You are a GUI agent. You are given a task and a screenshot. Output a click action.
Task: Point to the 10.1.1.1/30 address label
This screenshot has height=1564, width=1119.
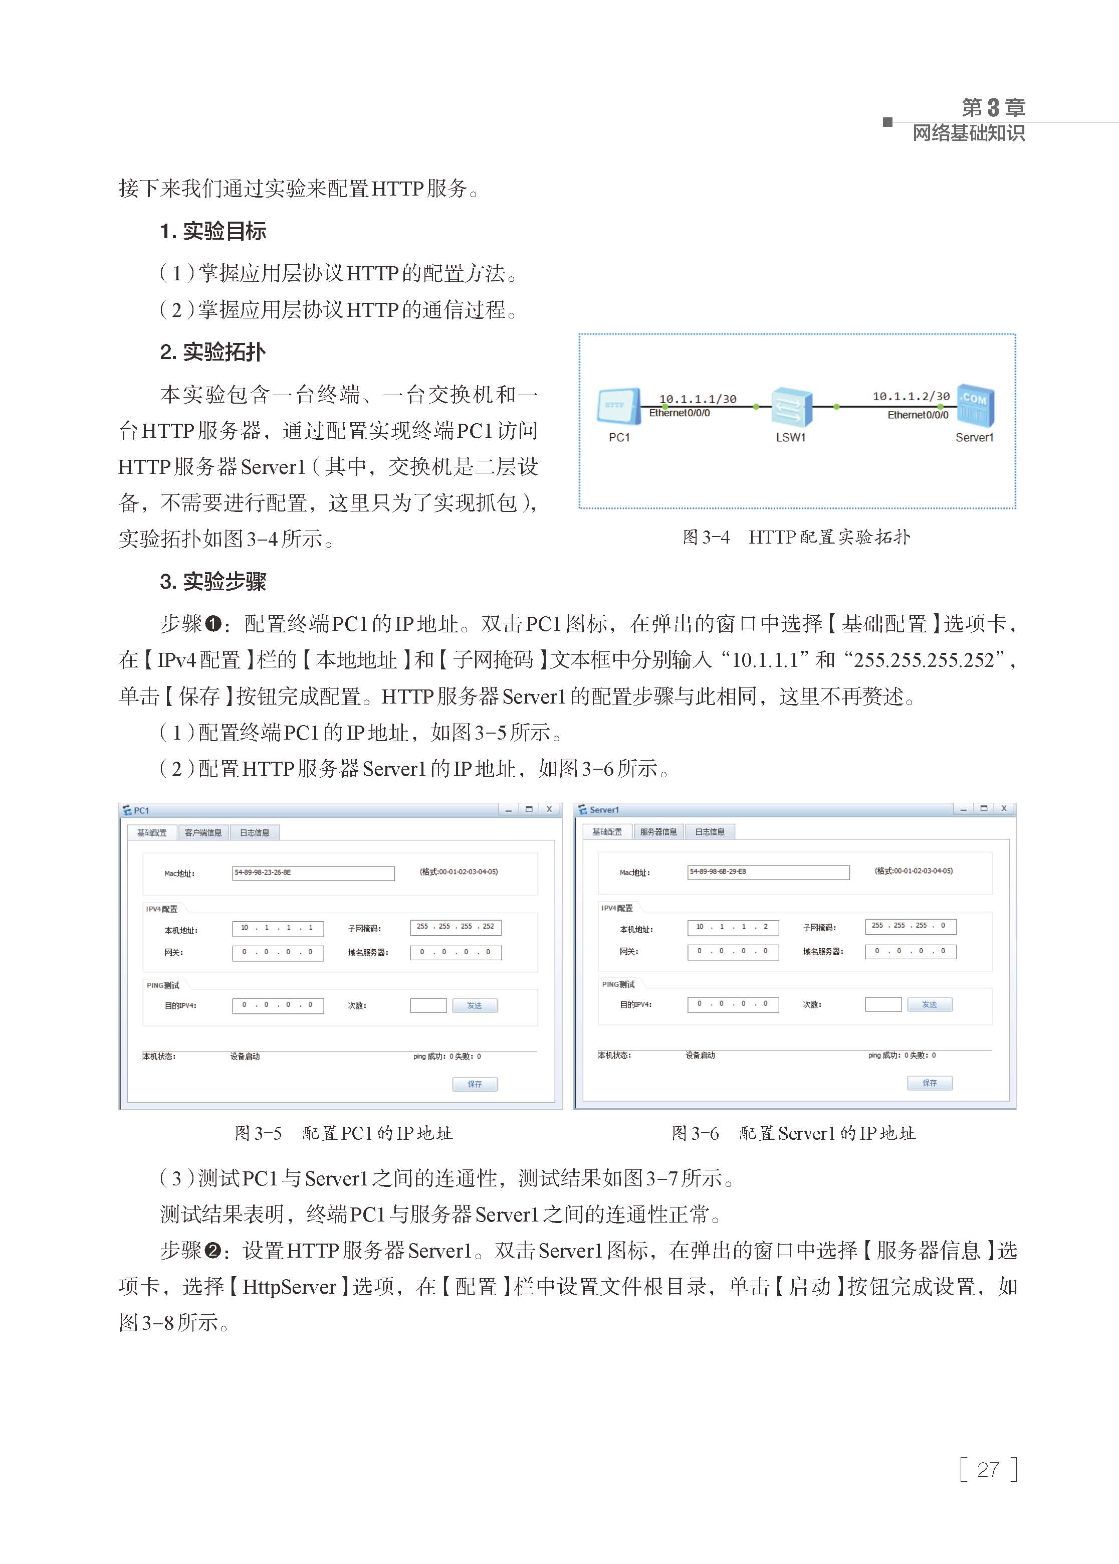click(x=698, y=399)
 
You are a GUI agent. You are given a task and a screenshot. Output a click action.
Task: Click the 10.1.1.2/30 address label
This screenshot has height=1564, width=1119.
click(x=911, y=396)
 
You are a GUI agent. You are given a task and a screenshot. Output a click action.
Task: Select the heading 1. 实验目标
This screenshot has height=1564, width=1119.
click(x=213, y=232)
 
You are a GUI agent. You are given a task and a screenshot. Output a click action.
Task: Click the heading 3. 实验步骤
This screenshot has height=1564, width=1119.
click(x=213, y=582)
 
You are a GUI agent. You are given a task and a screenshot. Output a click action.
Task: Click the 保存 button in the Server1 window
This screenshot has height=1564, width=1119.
click(x=930, y=1083)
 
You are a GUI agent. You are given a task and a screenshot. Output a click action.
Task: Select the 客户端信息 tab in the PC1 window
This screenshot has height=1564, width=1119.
click(x=203, y=833)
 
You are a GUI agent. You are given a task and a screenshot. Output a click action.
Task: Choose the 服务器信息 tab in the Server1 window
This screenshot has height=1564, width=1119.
click(x=658, y=832)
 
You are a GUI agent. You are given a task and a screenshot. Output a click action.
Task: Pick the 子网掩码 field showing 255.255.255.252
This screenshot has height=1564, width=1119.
click(x=456, y=927)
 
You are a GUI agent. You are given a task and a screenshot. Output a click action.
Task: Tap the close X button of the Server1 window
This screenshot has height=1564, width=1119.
click(x=1004, y=808)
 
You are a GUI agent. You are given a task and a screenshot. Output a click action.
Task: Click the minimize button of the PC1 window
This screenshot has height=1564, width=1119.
click(x=509, y=810)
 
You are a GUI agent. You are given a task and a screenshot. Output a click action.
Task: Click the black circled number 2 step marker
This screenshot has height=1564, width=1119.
click(x=213, y=1251)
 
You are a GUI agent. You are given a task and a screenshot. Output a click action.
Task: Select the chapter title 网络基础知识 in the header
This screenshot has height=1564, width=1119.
click(x=968, y=133)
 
